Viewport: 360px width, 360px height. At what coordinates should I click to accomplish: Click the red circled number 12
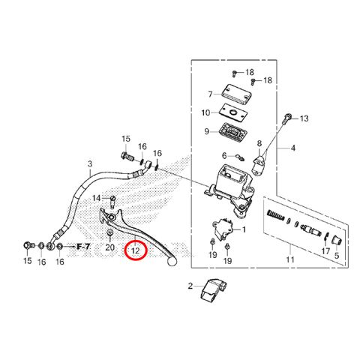point(135,250)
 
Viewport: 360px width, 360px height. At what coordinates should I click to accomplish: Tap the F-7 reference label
point(83,247)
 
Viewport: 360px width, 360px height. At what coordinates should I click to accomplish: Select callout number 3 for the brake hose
point(90,164)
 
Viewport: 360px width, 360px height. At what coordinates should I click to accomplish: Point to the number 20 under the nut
point(109,247)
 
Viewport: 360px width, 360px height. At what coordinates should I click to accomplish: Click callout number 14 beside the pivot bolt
point(97,198)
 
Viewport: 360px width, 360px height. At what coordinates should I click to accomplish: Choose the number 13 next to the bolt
point(304,118)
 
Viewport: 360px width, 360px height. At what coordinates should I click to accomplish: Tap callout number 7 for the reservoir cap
point(210,94)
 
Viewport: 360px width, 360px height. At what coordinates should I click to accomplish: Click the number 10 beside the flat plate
point(205,112)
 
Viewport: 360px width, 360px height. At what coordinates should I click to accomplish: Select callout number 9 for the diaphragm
point(206,131)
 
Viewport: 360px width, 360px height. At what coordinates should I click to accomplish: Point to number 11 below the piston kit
point(290,259)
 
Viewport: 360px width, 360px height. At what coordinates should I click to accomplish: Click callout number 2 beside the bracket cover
point(190,286)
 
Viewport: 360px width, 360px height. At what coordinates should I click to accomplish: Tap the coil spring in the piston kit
point(276,215)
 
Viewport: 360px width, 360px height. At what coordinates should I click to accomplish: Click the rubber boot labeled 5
point(337,241)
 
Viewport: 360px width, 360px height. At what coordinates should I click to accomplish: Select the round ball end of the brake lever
point(172,261)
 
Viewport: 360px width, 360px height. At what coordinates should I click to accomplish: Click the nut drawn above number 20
point(109,232)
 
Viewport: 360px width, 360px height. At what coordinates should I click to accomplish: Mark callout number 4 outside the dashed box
point(292,148)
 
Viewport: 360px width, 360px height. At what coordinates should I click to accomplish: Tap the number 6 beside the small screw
point(224,156)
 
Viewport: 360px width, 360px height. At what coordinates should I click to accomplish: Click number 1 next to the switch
point(244,229)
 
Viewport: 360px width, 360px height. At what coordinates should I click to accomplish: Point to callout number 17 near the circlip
point(325,250)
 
